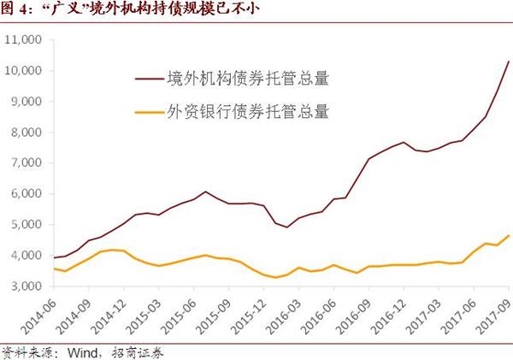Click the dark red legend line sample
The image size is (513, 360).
click(x=150, y=80)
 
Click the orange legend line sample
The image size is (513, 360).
click(x=150, y=110)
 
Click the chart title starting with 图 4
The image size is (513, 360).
click(x=119, y=10)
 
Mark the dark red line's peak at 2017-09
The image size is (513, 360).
click(x=509, y=62)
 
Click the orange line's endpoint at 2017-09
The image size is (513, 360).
click(x=509, y=235)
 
